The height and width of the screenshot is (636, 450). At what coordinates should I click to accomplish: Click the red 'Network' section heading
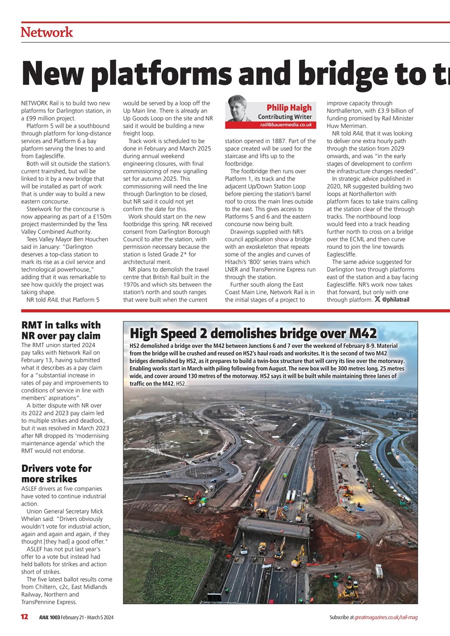(47, 32)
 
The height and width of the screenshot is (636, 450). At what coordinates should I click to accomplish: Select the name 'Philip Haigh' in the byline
(289, 108)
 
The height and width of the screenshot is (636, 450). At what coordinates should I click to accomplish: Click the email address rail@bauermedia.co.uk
(286, 125)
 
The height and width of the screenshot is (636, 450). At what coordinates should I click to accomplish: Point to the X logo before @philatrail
(377, 299)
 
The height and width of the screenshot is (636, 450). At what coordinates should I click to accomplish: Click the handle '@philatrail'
(395, 299)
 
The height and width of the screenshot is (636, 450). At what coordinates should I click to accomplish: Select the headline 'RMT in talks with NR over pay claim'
(61, 330)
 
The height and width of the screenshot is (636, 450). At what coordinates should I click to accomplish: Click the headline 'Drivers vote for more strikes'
(56, 474)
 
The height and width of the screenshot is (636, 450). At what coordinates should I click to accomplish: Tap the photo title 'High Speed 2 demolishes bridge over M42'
(253, 333)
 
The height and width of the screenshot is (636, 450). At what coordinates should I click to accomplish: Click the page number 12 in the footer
(24, 617)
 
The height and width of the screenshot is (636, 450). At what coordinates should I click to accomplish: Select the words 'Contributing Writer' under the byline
(285, 117)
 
